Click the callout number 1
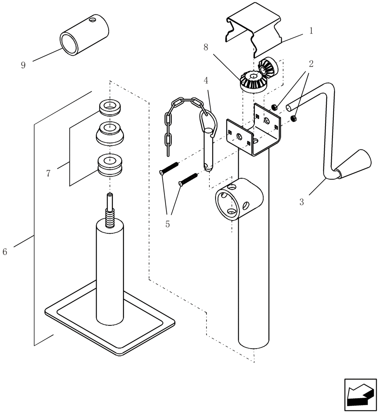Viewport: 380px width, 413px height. click(x=311, y=31)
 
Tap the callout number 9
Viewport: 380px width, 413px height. click(x=23, y=65)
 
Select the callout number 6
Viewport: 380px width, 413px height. click(x=5, y=252)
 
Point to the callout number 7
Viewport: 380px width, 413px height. click(x=48, y=174)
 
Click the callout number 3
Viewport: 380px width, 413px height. click(x=302, y=202)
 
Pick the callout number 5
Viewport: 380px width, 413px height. click(x=168, y=224)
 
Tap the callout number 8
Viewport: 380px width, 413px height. click(x=206, y=47)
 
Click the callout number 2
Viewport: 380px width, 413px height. click(x=311, y=64)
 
